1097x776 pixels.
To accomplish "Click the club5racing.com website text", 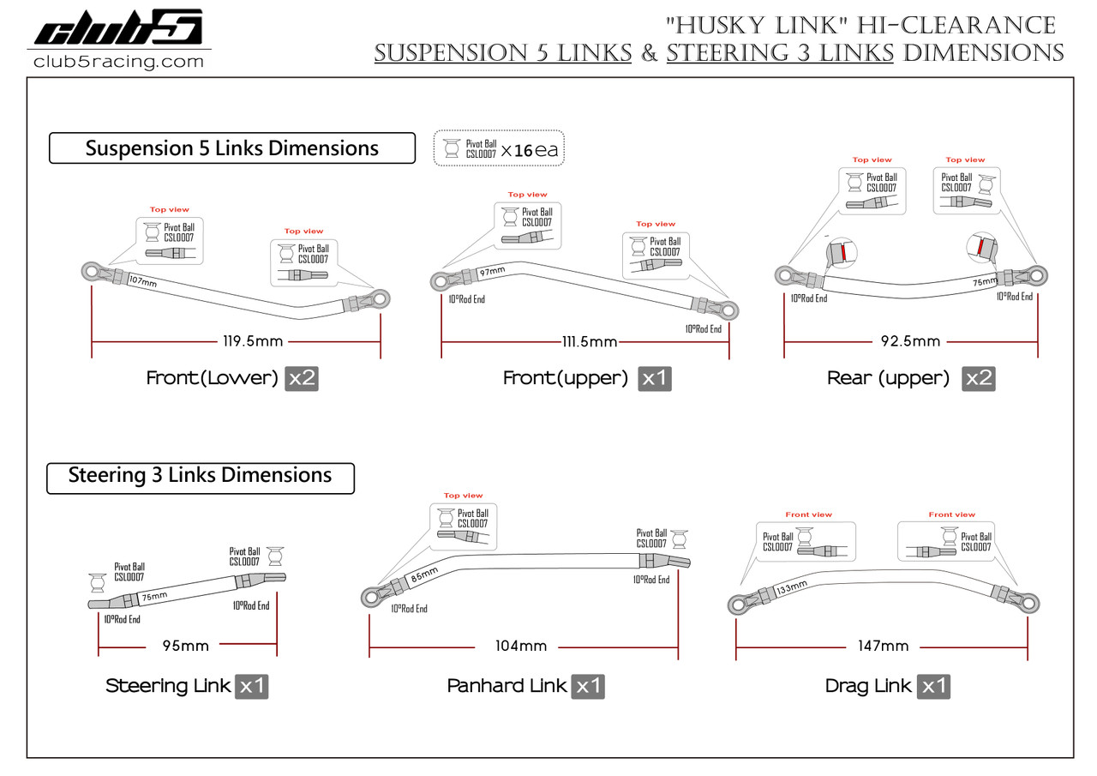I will pyautogui.click(x=118, y=62).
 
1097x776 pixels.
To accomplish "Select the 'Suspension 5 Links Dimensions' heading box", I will pyautogui.click(x=231, y=148).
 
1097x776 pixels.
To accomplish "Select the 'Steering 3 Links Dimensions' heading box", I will pyautogui.click(x=200, y=476).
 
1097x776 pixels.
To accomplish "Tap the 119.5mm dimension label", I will pyautogui.click(x=252, y=341).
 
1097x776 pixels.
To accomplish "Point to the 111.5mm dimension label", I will pyautogui.click(x=588, y=342).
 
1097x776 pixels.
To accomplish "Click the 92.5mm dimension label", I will pyautogui.click(x=910, y=341).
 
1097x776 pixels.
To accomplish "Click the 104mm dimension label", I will pyautogui.click(x=521, y=646).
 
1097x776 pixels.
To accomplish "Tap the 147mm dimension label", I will pyautogui.click(x=883, y=646).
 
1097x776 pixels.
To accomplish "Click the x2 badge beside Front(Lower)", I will pyautogui.click(x=302, y=378).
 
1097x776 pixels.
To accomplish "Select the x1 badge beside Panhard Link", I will pyautogui.click(x=588, y=686).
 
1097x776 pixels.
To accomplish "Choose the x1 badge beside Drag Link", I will pyautogui.click(x=933, y=686).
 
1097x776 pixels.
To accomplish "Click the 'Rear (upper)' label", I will pyautogui.click(x=888, y=378).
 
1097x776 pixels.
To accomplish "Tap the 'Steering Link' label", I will pyautogui.click(x=168, y=686).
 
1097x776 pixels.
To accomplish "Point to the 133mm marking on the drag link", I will pyautogui.click(x=790, y=589).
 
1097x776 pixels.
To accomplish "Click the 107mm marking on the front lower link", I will pyautogui.click(x=142, y=281).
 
